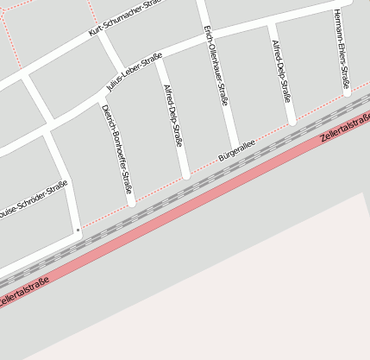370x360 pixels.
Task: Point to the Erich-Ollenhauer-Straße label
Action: coord(216,65)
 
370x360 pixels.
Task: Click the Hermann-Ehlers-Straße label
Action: coord(342,52)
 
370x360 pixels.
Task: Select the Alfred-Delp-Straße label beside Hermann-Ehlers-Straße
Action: coord(281,70)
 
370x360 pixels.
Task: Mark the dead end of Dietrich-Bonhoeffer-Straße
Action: coord(131,204)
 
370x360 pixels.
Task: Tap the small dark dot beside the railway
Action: coord(78,230)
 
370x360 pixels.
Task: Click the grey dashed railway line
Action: coord(172,198)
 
